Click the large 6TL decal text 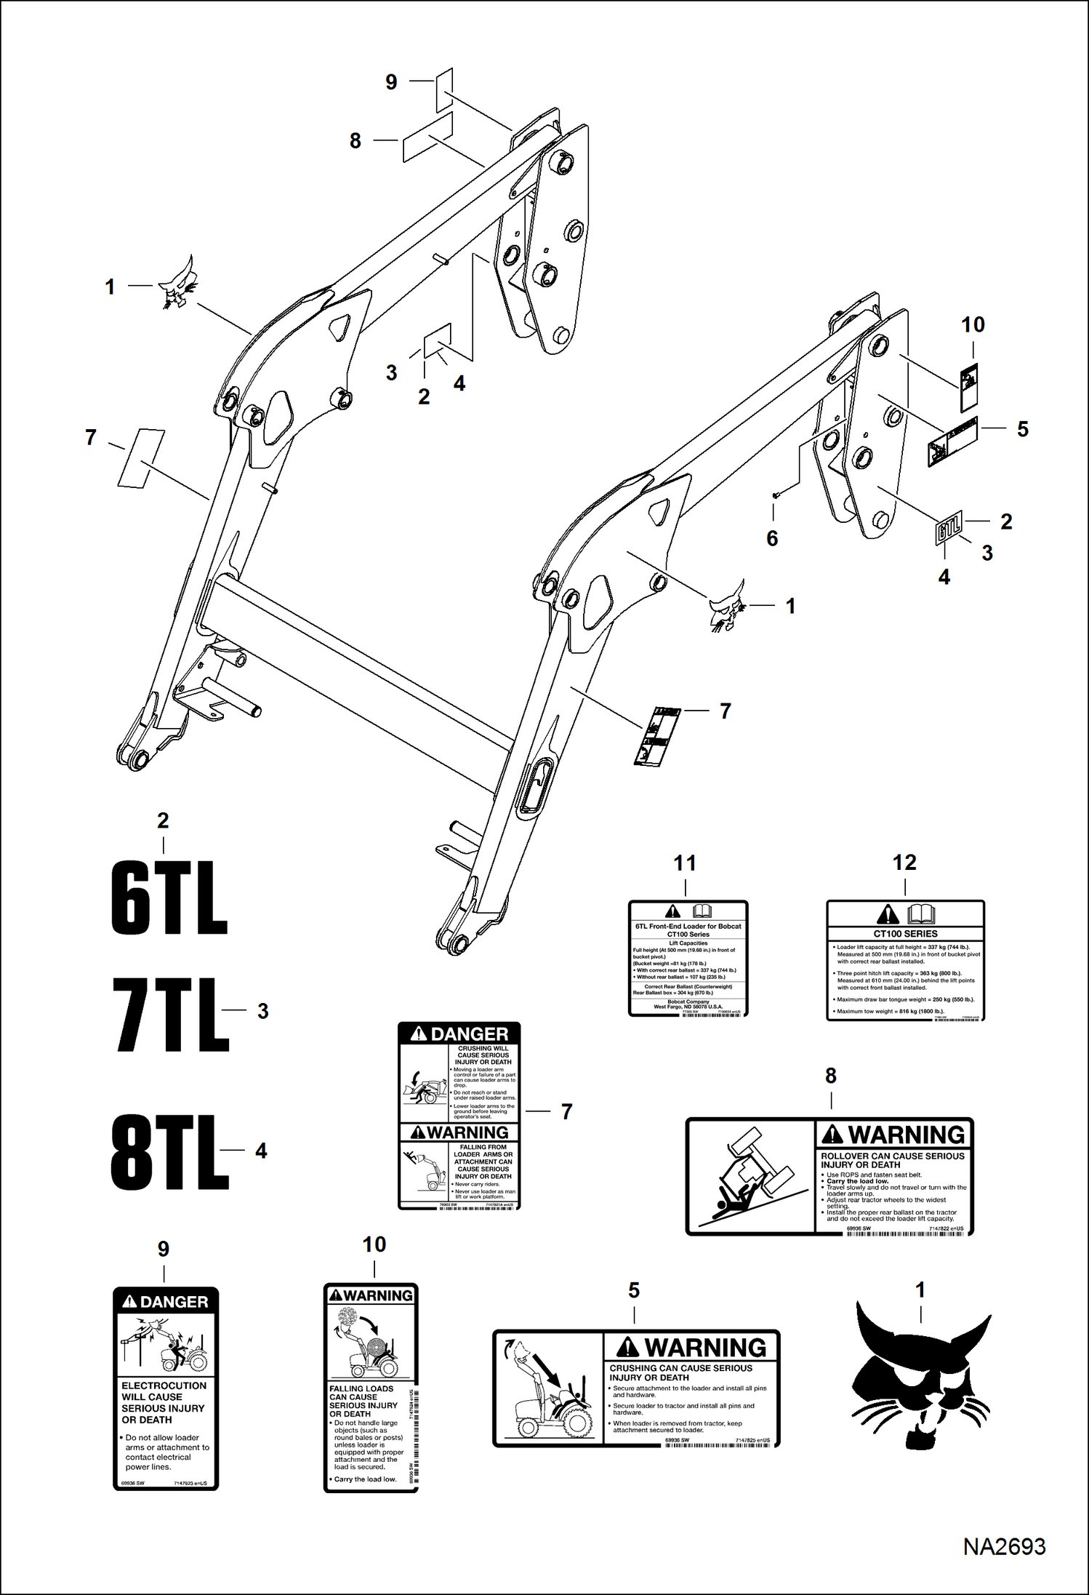coord(169,898)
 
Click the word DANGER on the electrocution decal coord(174,1302)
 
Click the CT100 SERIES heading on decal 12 coord(905,933)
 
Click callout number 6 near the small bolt coord(772,538)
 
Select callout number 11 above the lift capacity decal coord(685,863)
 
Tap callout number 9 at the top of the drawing coord(391,82)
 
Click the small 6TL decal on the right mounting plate coord(948,527)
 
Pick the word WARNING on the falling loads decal coord(377,1295)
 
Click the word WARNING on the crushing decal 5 coord(704,1348)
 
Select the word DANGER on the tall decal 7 coord(469,1034)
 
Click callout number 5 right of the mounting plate coord(1022,429)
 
